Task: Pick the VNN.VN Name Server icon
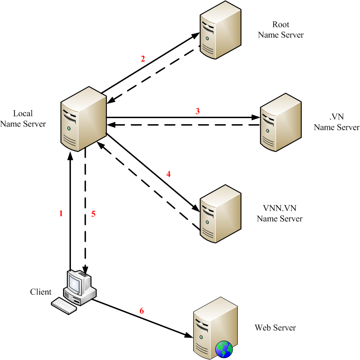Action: coord(220,213)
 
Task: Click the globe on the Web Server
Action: coord(224,348)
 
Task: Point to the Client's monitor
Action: coord(76,282)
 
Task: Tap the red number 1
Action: coord(61,214)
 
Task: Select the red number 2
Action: coord(143,59)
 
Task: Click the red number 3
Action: coord(198,111)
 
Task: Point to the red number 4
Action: coord(169,174)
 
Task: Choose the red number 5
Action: coord(93,214)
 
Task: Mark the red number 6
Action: coord(142,311)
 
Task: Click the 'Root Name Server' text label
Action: coord(281,29)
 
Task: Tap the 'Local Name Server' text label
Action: coord(23,119)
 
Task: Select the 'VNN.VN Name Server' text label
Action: coord(280,213)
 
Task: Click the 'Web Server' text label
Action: coord(275,328)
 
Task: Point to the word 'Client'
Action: coord(41,292)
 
